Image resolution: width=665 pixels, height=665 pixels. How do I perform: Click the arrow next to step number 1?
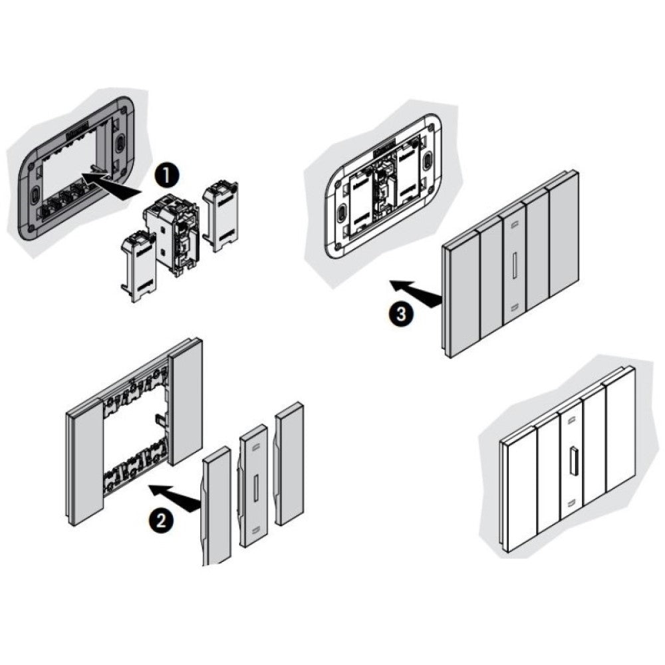pyautogui.click(x=114, y=182)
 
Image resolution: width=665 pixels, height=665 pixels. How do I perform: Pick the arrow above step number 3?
pyautogui.click(x=415, y=293)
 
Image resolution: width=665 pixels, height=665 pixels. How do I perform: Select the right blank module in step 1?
pyautogui.click(x=219, y=216)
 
